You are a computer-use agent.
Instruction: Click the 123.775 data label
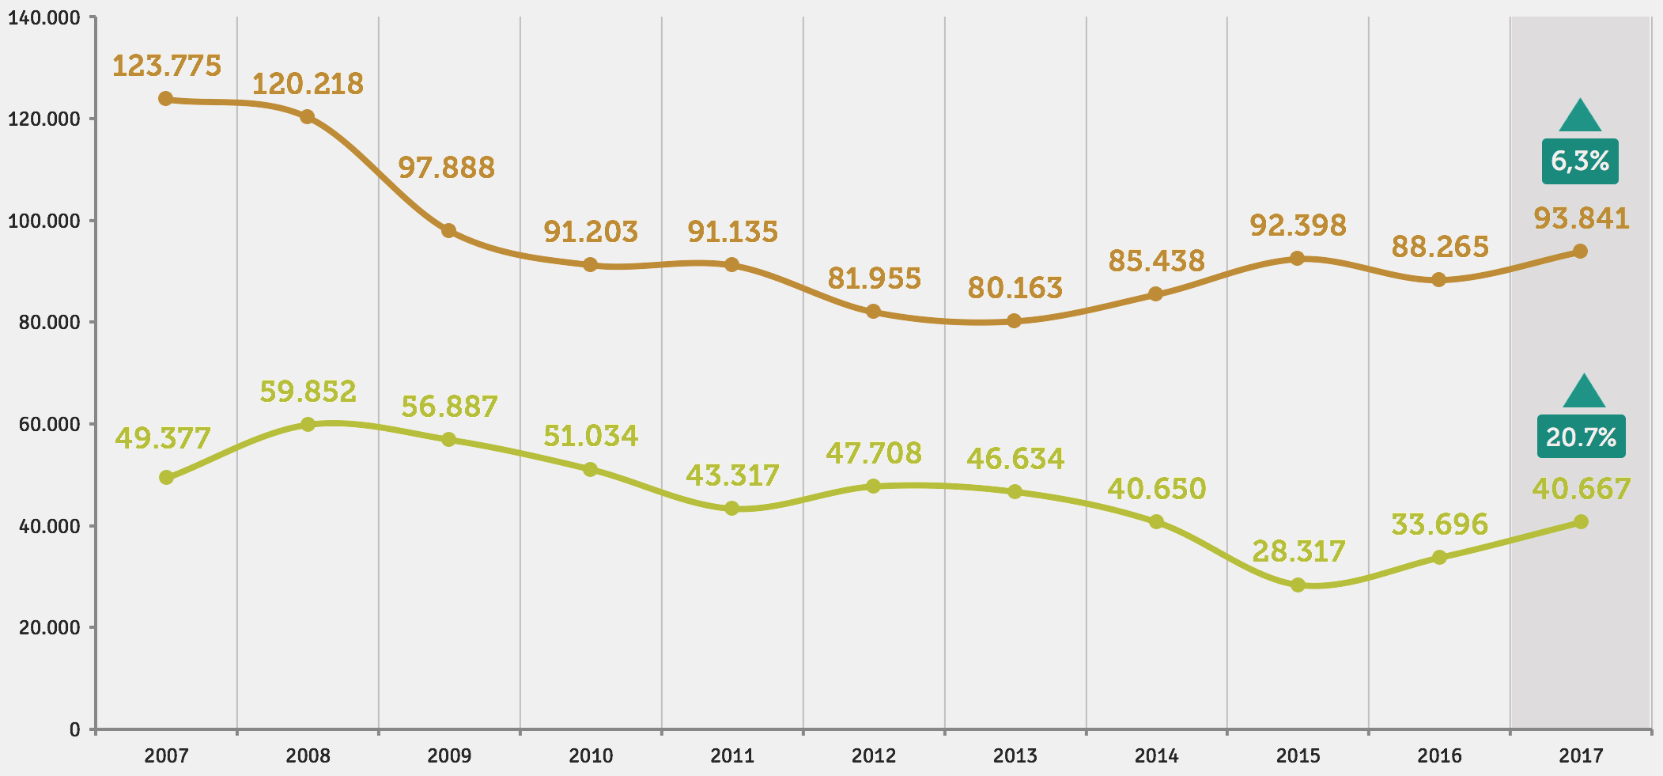[x=166, y=66]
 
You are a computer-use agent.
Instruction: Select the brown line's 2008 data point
[x=308, y=117]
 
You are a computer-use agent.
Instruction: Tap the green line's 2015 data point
[x=1298, y=585]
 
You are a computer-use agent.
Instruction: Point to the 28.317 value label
[x=1298, y=551]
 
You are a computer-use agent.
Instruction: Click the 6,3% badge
[x=1580, y=161]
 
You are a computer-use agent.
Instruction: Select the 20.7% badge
[x=1581, y=437]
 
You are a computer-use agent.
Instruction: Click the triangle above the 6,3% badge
[x=1580, y=117]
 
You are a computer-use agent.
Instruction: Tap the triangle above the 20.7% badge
[x=1584, y=392]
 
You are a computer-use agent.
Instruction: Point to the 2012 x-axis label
[x=873, y=756]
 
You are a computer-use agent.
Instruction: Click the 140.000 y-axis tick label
[x=44, y=18]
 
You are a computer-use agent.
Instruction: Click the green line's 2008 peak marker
[x=308, y=425]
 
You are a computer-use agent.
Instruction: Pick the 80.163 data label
[x=1015, y=288]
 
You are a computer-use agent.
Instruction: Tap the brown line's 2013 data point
[x=1015, y=321]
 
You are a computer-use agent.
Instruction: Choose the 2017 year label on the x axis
[x=1581, y=756]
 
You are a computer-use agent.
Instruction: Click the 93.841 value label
[x=1582, y=218]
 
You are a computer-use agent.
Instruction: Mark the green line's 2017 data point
[x=1581, y=522]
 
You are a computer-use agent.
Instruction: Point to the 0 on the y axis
[x=74, y=729]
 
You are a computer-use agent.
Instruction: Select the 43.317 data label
[x=732, y=475]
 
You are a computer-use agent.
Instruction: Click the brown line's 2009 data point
[x=448, y=231]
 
